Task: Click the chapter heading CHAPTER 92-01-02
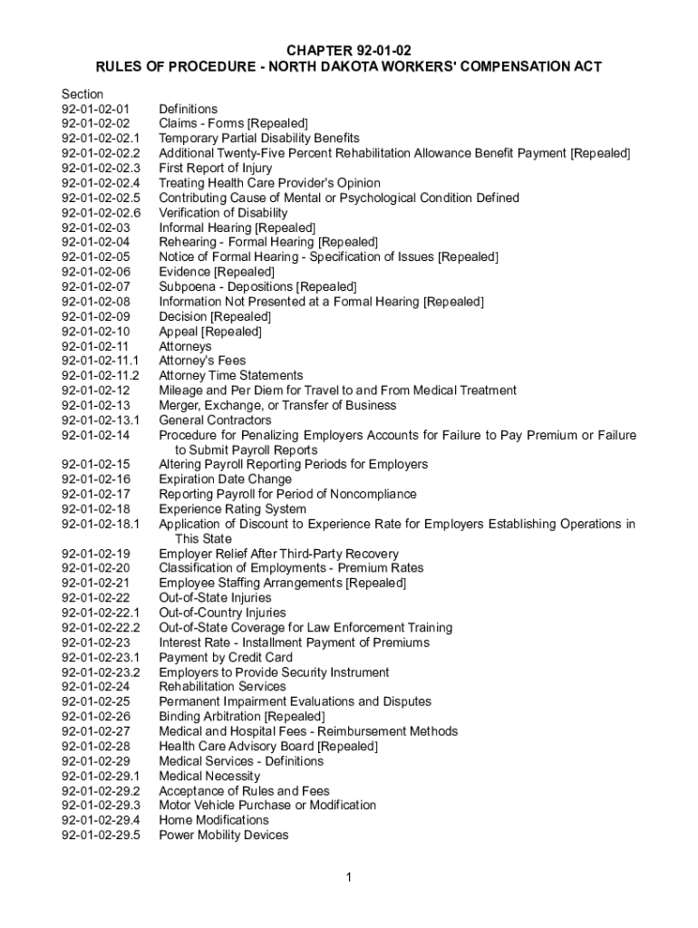click(349, 51)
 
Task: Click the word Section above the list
click(82, 94)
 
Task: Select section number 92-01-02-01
click(95, 109)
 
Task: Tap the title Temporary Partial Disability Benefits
click(259, 139)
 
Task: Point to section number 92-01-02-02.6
click(102, 213)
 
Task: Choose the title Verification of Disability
click(223, 213)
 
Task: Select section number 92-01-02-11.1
click(100, 361)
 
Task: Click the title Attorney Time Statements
click(231, 375)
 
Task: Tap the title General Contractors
click(215, 420)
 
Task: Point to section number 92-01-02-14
click(95, 435)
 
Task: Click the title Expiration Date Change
click(226, 479)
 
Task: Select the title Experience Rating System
click(232, 509)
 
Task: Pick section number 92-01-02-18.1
click(100, 524)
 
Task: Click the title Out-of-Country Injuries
click(222, 613)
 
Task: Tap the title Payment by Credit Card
click(226, 657)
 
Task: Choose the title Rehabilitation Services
click(222, 687)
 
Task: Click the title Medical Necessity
click(209, 776)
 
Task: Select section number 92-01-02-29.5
click(102, 836)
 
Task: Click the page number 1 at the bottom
click(349, 877)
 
